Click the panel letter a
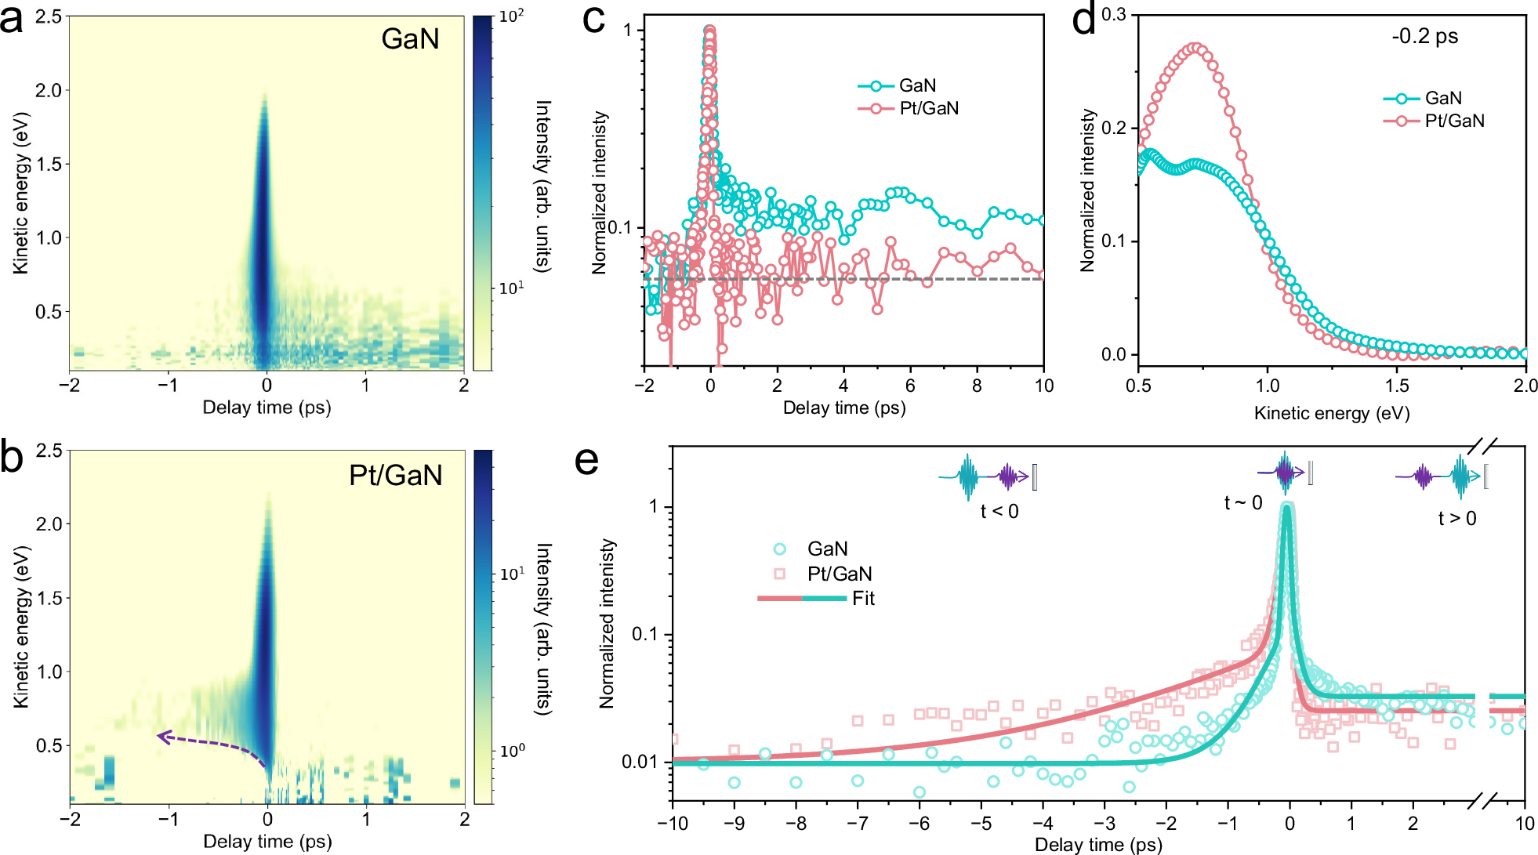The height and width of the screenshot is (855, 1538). [11, 19]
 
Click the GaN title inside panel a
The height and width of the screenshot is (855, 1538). [410, 39]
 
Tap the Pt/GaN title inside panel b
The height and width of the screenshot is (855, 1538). [395, 475]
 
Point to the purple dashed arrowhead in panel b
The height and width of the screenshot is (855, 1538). [161, 736]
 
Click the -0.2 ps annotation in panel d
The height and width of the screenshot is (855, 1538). [1424, 36]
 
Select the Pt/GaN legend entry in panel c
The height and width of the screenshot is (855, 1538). [928, 108]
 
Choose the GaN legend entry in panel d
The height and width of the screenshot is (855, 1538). [1442, 98]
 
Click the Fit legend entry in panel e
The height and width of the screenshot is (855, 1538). [863, 599]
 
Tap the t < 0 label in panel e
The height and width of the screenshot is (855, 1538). [999, 512]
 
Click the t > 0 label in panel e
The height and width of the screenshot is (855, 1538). [1456, 519]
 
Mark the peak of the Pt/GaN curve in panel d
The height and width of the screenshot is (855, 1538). [1193, 48]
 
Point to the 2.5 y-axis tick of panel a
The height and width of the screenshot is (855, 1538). [49, 16]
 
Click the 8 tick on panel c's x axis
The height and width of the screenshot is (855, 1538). [977, 386]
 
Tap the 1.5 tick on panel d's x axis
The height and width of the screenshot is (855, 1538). [1396, 386]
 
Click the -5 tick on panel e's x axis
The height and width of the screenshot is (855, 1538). [981, 824]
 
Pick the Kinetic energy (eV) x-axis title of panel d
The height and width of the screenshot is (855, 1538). [1331, 413]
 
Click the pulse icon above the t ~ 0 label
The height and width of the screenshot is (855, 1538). [1286, 473]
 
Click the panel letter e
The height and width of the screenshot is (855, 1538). [586, 462]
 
